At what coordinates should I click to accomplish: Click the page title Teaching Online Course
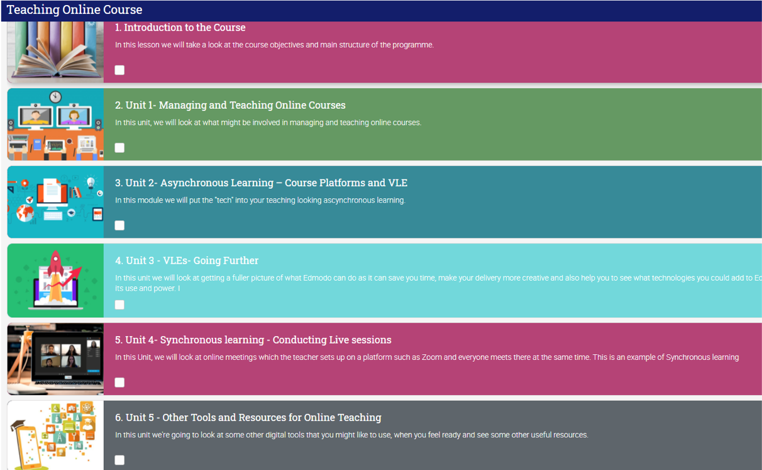(x=74, y=10)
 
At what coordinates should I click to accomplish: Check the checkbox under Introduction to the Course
(x=119, y=70)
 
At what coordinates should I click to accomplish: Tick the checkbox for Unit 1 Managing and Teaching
(x=119, y=148)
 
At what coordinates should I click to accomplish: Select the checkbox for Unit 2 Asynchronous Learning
(x=119, y=225)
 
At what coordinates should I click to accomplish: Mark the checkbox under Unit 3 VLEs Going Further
(x=119, y=305)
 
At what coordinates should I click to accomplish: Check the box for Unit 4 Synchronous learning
(x=119, y=383)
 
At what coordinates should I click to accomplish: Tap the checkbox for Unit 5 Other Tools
(x=119, y=460)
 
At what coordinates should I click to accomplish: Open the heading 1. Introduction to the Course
(x=180, y=28)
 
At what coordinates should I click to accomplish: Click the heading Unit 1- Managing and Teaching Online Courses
(x=230, y=105)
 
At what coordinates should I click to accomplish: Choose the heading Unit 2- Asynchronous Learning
(x=261, y=183)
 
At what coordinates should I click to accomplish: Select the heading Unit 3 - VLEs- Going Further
(x=187, y=260)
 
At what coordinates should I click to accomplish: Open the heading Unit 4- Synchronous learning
(x=253, y=340)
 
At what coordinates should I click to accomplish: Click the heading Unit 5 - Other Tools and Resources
(x=248, y=418)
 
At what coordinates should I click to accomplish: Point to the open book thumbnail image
(x=55, y=52)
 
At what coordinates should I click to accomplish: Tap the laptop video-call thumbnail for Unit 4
(x=55, y=359)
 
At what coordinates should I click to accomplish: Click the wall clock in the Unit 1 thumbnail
(x=55, y=97)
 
